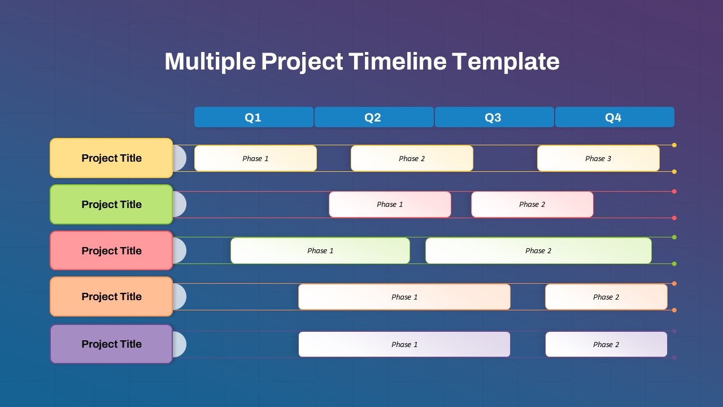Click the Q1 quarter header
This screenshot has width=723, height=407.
[x=254, y=117]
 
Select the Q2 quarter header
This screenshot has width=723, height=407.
[x=373, y=117]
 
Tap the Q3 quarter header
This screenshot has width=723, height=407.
[x=494, y=117]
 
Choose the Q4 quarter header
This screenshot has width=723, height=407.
[x=614, y=117]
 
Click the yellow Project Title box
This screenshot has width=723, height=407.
[x=111, y=158]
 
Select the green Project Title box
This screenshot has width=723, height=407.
[x=111, y=205]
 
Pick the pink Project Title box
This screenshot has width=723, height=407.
[x=111, y=250]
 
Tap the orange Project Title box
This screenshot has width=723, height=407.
[x=111, y=297]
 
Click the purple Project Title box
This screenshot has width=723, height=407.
[x=111, y=344]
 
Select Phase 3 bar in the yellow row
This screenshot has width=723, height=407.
[x=598, y=158]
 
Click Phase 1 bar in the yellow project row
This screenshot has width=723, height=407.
[x=255, y=158]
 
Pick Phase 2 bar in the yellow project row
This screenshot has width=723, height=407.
[x=412, y=158]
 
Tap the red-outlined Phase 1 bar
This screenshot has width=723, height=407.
[x=390, y=205]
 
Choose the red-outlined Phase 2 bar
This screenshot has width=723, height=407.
[x=532, y=205]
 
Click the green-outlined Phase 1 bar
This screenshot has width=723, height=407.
[x=320, y=250]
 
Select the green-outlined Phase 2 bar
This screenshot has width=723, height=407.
[x=538, y=250]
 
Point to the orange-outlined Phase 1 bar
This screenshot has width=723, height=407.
[x=404, y=297]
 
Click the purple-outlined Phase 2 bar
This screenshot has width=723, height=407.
[x=606, y=344]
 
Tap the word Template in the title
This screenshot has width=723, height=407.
[x=506, y=61]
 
